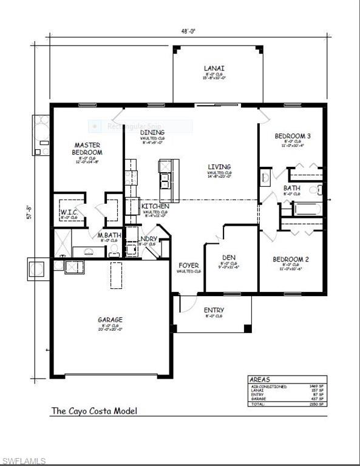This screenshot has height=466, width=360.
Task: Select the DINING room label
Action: pos(152,132)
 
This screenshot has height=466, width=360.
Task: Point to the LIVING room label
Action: pos(219,167)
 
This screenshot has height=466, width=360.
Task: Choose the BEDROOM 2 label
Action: pos(291,260)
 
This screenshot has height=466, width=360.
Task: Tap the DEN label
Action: pos(229,258)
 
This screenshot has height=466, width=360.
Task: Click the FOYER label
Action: pos(189,265)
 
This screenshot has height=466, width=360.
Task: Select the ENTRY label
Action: pos(214,310)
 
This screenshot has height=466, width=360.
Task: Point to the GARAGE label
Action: pos(110,320)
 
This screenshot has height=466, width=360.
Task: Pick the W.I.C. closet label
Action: pos(67,212)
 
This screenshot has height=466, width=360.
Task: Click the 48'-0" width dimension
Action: pos(188,32)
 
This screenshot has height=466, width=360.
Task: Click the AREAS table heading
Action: pos(261,379)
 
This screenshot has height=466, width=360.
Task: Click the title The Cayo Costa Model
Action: pos(94,411)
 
